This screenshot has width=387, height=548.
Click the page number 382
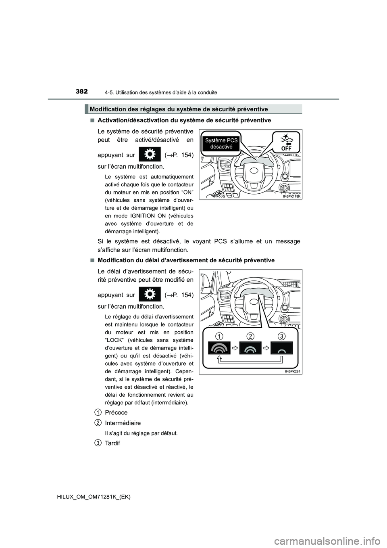(x=81, y=92)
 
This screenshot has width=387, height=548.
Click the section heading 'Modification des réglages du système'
(x=179, y=109)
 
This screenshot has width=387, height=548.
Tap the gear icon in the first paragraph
(x=149, y=155)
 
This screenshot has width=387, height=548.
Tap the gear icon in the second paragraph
(x=149, y=295)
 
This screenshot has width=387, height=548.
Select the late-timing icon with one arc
(x=281, y=348)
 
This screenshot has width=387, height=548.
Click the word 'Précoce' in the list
(x=116, y=412)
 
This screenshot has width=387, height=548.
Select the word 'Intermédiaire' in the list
(x=123, y=423)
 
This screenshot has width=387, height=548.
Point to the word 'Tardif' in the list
(x=112, y=443)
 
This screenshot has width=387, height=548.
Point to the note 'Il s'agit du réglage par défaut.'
(x=141, y=433)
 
